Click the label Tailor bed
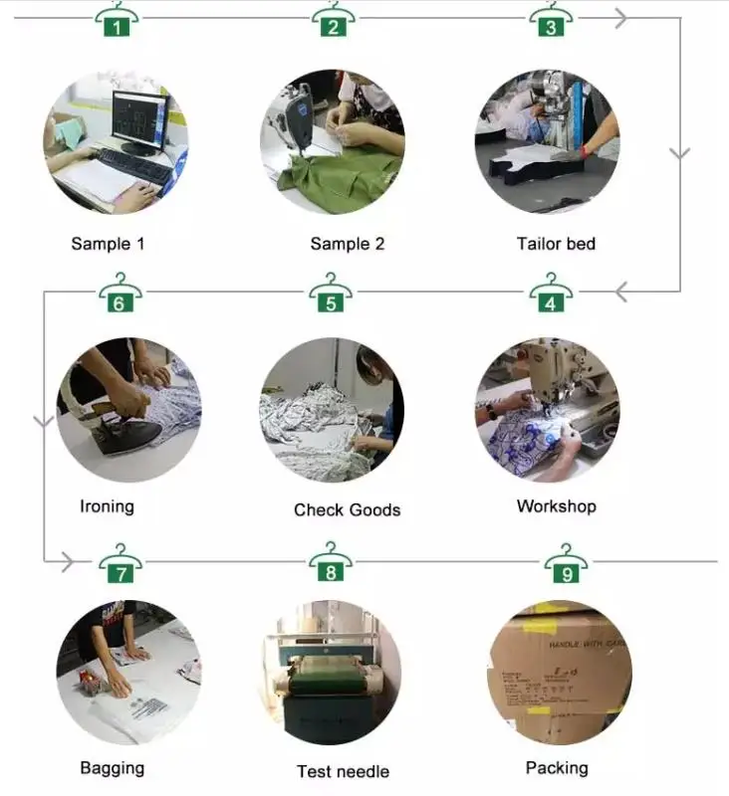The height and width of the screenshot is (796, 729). (556, 244)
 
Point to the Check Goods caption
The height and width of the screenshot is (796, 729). (347, 509)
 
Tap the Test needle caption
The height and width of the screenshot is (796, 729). (343, 771)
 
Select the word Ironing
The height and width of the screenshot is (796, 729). (107, 506)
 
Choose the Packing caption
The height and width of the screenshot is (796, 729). (557, 768)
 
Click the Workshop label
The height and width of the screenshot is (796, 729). (556, 506)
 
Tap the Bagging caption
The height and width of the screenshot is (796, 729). (112, 768)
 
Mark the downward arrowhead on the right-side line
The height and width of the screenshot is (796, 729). (680, 154)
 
